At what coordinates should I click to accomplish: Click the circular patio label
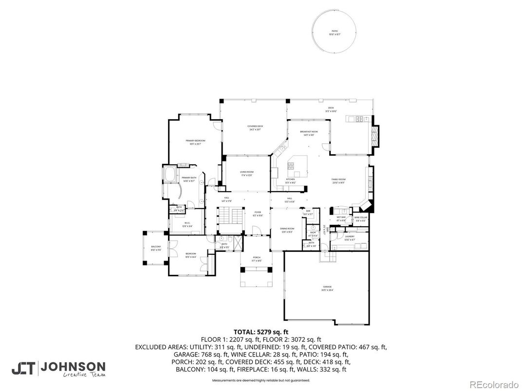pyautogui.click(x=334, y=32)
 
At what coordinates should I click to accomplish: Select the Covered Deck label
pyautogui.click(x=255, y=127)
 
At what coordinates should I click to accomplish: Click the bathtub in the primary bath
pyautogui.click(x=170, y=174)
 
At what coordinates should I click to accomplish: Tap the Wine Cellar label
pyautogui.click(x=360, y=218)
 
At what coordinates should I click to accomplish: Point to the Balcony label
pyautogui.click(x=156, y=248)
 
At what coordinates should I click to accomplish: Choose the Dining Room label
pyautogui.click(x=287, y=230)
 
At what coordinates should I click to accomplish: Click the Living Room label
pyautogui.click(x=246, y=173)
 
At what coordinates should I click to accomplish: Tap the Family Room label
pyautogui.click(x=338, y=180)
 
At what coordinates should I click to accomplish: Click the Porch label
pyautogui.click(x=256, y=259)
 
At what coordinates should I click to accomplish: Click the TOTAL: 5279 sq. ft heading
pyautogui.click(x=261, y=332)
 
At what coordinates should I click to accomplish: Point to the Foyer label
pyautogui.click(x=258, y=213)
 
